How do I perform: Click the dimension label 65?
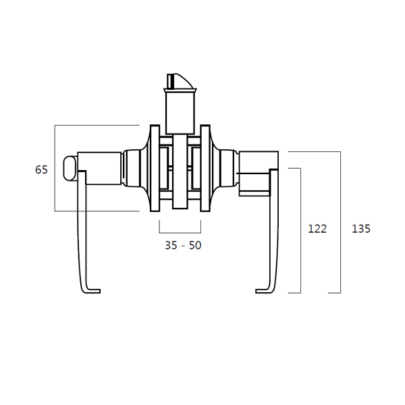pos(41,169)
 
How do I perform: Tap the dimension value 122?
pos(317,229)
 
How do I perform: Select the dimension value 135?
pos(361,229)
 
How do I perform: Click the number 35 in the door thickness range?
pos(171,246)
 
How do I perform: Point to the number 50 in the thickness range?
pos(195,246)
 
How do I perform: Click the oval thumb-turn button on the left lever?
pos(70,168)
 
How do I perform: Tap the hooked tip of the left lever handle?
pos(94,291)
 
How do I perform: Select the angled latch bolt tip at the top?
pos(180,81)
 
